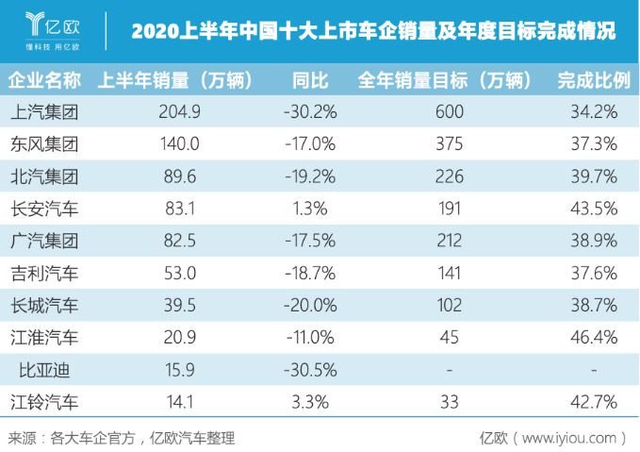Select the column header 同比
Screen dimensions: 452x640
309,80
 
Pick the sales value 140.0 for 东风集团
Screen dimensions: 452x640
181,144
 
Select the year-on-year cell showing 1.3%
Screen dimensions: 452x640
309,209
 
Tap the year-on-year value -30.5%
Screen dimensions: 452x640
309,370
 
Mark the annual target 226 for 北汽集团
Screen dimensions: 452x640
450,176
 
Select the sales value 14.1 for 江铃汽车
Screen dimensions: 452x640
181,401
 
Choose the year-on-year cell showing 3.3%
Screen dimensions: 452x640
309,401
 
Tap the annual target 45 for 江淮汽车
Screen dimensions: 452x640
450,337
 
